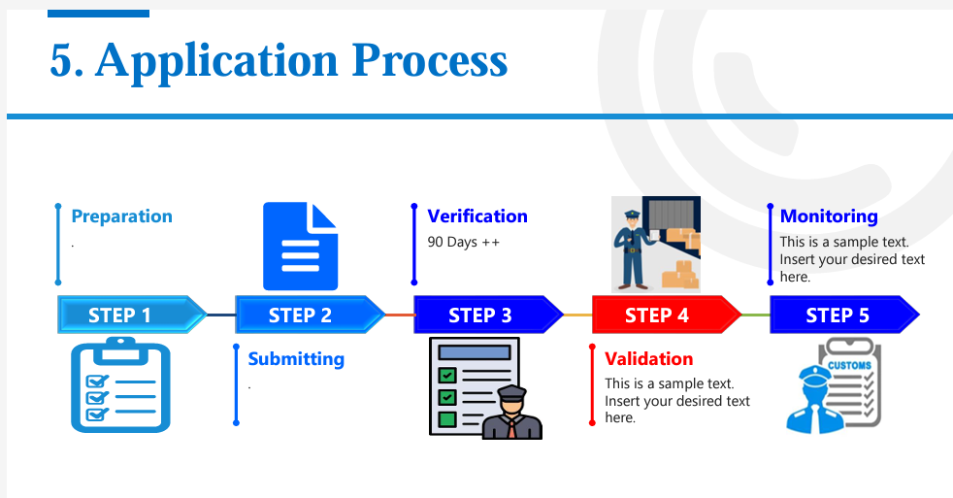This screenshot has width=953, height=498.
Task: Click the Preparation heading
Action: (x=121, y=216)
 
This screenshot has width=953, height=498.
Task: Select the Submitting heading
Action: (x=296, y=359)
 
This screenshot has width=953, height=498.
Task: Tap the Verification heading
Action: (x=477, y=216)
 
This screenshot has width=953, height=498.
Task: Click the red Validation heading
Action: (x=648, y=359)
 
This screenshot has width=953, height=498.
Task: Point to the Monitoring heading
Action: (x=829, y=216)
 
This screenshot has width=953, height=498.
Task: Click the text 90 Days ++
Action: (x=463, y=242)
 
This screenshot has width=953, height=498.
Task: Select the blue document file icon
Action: (x=301, y=247)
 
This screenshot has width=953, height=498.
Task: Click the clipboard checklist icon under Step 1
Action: (x=120, y=385)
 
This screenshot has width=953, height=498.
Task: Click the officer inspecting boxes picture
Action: (x=655, y=244)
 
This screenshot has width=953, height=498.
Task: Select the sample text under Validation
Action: (x=676, y=401)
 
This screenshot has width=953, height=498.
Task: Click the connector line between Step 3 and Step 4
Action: (x=577, y=315)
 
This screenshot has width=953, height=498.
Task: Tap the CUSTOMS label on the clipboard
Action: (x=848, y=365)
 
